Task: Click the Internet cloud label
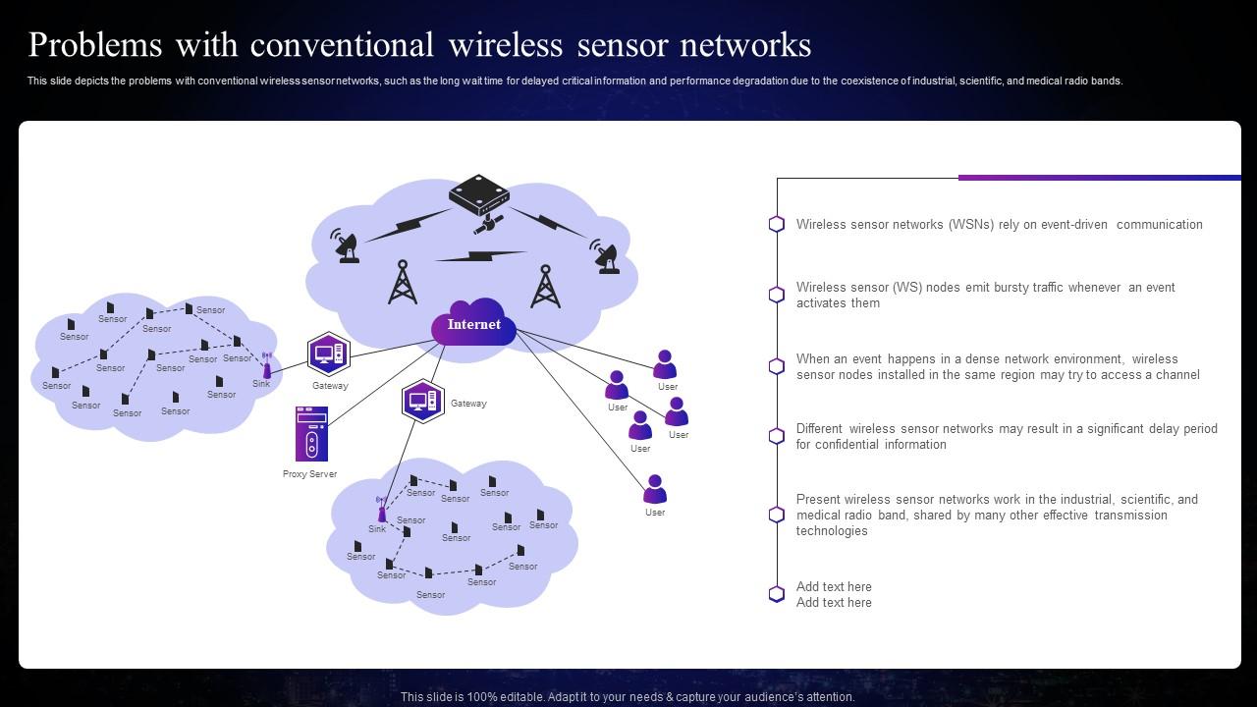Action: (x=474, y=325)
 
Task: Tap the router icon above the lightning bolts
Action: (x=478, y=195)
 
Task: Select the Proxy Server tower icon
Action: (x=311, y=434)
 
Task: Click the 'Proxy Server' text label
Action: (x=309, y=474)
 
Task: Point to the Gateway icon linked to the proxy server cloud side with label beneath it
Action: (x=328, y=353)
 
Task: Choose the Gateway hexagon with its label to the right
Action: (x=423, y=401)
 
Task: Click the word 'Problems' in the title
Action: (x=96, y=45)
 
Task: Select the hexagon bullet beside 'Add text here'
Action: (x=777, y=594)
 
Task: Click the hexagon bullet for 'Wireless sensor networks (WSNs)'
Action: (x=777, y=224)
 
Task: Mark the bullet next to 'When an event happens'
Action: (x=777, y=366)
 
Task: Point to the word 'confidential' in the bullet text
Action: (x=839, y=445)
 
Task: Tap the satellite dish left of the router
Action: (x=345, y=246)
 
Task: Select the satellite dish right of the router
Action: (x=604, y=256)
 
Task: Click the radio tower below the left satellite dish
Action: (x=402, y=282)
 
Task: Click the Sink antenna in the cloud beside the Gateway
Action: (x=266, y=365)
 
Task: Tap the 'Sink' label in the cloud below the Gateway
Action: (x=377, y=529)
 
